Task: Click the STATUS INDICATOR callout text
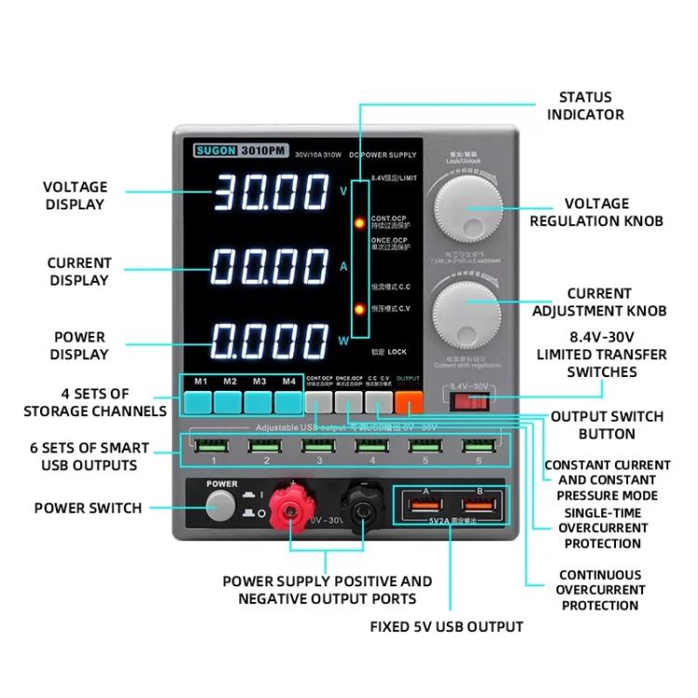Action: (584, 105)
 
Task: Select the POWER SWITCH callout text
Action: (88, 508)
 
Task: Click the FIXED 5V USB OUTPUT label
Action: (446, 626)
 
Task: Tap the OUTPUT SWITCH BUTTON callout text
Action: (606, 425)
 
